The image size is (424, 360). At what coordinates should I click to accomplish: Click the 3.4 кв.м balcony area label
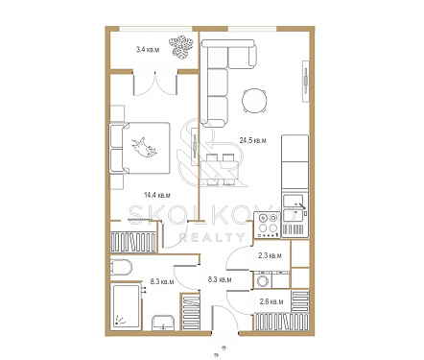(x=148, y=50)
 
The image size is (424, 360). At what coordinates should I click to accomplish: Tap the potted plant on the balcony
(x=181, y=48)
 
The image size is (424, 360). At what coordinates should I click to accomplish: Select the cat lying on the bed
(x=144, y=148)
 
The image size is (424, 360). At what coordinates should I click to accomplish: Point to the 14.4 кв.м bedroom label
(x=157, y=195)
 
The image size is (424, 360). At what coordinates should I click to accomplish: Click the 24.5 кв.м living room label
(x=252, y=140)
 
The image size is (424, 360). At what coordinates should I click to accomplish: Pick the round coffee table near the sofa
(x=254, y=101)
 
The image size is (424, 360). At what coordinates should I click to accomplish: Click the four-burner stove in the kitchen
(x=268, y=226)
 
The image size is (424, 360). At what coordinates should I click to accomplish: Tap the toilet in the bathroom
(x=121, y=268)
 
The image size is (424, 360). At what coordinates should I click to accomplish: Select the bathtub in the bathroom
(x=126, y=306)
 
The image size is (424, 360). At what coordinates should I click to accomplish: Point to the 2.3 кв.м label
(x=270, y=256)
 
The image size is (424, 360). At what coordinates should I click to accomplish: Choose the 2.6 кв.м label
(x=271, y=301)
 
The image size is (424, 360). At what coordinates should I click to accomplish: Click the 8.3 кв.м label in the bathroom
(x=162, y=282)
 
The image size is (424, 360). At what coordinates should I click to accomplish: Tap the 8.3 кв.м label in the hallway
(x=220, y=279)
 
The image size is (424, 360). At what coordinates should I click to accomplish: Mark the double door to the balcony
(x=155, y=84)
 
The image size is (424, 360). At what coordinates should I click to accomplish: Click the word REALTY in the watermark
(x=211, y=237)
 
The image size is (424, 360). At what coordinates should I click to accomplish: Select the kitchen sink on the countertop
(x=294, y=208)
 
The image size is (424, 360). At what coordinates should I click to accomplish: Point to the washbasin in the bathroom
(x=163, y=323)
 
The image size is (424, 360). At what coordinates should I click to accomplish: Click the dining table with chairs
(x=220, y=170)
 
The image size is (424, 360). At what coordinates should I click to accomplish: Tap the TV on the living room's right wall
(x=306, y=81)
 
